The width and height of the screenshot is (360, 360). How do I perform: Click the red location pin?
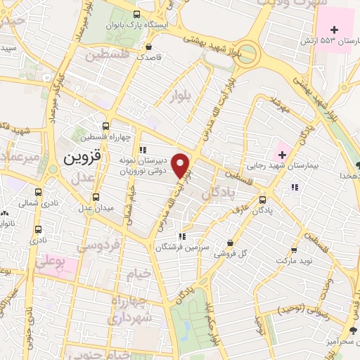click(x=182, y=166)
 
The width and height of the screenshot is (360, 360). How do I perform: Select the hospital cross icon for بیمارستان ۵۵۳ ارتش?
click(x=335, y=30)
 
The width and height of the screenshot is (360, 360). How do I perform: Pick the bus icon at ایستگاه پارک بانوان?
click(x=136, y=15)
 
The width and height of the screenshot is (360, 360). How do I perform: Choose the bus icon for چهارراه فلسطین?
click(x=105, y=125)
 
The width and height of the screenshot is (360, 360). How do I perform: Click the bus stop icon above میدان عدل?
click(x=96, y=196)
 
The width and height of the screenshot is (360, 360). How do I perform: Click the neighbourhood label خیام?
click(x=137, y=272)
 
